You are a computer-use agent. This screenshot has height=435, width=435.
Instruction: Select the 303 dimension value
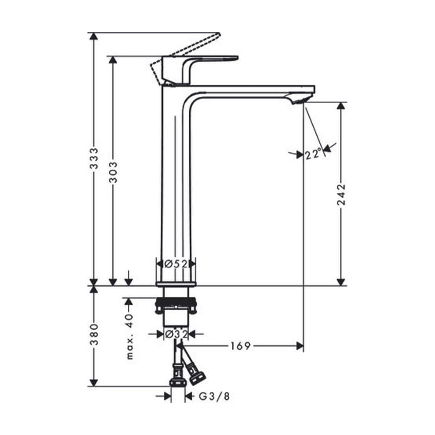pyautogui.click(x=113, y=172)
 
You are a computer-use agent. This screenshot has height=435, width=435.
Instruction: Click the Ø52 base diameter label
pyautogui.click(x=176, y=264)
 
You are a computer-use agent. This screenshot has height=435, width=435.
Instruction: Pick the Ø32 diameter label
pyautogui.click(x=176, y=334)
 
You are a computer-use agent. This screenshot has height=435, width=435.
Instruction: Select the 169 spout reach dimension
pyautogui.click(x=241, y=346)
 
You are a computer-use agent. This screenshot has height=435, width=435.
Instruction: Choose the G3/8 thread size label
pyautogui.click(x=214, y=396)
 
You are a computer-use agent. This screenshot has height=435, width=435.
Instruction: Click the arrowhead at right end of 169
pyautogui.click(x=300, y=346)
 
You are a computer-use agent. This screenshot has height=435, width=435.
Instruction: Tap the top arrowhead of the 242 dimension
pyautogui.click(x=341, y=107)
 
